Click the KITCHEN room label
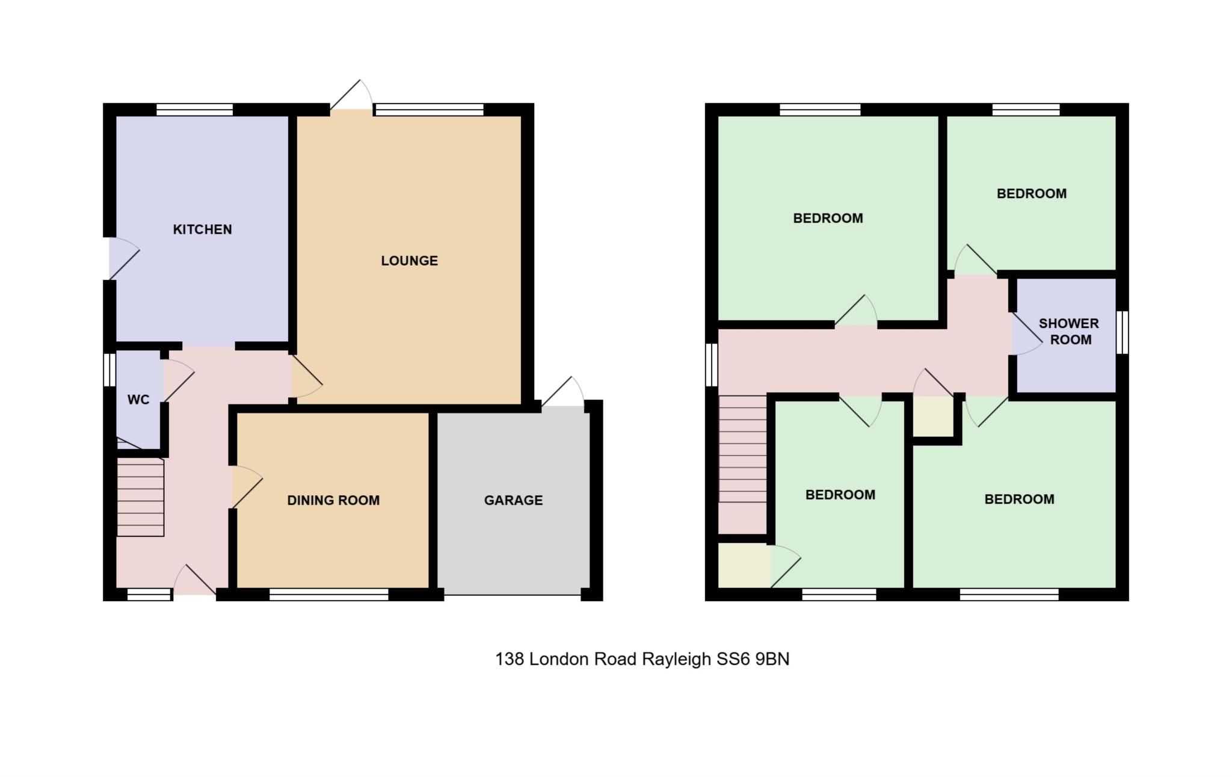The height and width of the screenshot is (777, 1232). (x=202, y=229)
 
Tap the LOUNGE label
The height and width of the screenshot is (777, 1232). (x=409, y=261)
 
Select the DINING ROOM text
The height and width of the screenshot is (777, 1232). (x=333, y=500)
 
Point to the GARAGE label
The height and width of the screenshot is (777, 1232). (x=513, y=500)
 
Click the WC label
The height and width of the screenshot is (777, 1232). (x=138, y=400)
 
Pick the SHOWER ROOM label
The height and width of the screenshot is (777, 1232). (x=1069, y=332)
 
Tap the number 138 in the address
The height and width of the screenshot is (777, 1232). (x=510, y=659)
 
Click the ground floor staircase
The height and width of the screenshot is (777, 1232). (x=140, y=497)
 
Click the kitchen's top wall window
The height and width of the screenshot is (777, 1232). (x=194, y=110)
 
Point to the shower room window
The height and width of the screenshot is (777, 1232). (x=1122, y=332)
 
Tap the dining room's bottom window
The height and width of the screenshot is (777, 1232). (x=328, y=595)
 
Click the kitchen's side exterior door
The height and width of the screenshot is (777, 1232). (x=124, y=259)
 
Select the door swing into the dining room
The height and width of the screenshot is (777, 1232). (x=247, y=487)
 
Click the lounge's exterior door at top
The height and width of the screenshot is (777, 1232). (x=351, y=94)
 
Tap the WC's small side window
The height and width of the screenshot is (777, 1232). (x=109, y=369)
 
